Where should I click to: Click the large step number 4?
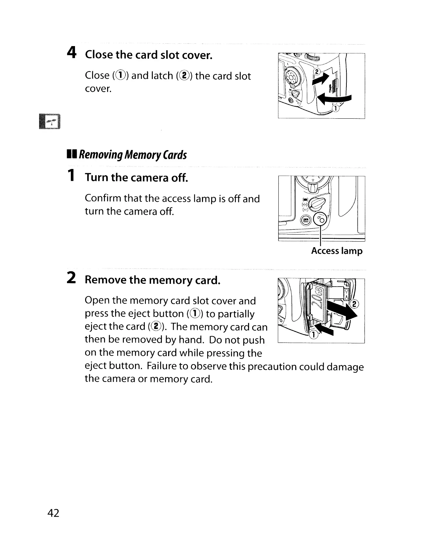click(x=72, y=53)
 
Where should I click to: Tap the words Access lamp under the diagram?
click(x=337, y=251)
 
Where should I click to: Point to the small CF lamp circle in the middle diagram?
click(x=321, y=219)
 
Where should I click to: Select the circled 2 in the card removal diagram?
click(x=354, y=304)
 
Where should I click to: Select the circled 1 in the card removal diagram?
click(x=314, y=335)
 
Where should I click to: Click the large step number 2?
click(x=71, y=278)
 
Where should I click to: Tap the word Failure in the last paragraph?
click(x=163, y=366)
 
